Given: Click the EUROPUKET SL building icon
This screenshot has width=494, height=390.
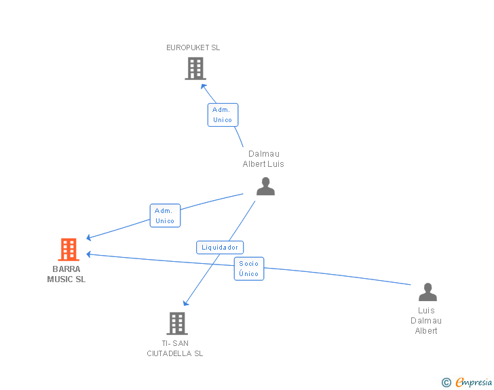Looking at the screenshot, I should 195,69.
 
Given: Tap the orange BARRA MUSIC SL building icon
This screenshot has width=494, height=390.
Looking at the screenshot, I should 69,250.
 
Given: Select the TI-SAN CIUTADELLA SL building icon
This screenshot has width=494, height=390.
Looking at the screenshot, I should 177,324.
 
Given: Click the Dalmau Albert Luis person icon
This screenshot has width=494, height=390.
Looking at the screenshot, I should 265,186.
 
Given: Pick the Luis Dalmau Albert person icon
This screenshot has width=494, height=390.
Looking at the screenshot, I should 427,292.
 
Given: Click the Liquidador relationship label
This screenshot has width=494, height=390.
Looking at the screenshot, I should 220,248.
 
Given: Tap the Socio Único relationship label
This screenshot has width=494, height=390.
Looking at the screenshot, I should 249,269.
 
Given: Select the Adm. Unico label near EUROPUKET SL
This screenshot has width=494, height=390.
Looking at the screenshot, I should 223,115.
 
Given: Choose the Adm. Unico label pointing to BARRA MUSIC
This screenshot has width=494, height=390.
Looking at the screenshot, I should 165,216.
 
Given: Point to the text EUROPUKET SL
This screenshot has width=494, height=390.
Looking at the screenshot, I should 193,48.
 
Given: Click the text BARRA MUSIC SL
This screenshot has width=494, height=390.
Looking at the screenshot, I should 66,274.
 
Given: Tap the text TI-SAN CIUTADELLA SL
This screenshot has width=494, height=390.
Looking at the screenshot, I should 175,348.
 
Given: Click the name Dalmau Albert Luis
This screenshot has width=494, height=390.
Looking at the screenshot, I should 263,159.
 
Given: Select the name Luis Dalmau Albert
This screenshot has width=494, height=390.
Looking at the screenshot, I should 426,321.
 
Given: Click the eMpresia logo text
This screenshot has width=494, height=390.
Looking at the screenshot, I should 474,383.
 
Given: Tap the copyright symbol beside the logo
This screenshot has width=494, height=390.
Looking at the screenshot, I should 446,383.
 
